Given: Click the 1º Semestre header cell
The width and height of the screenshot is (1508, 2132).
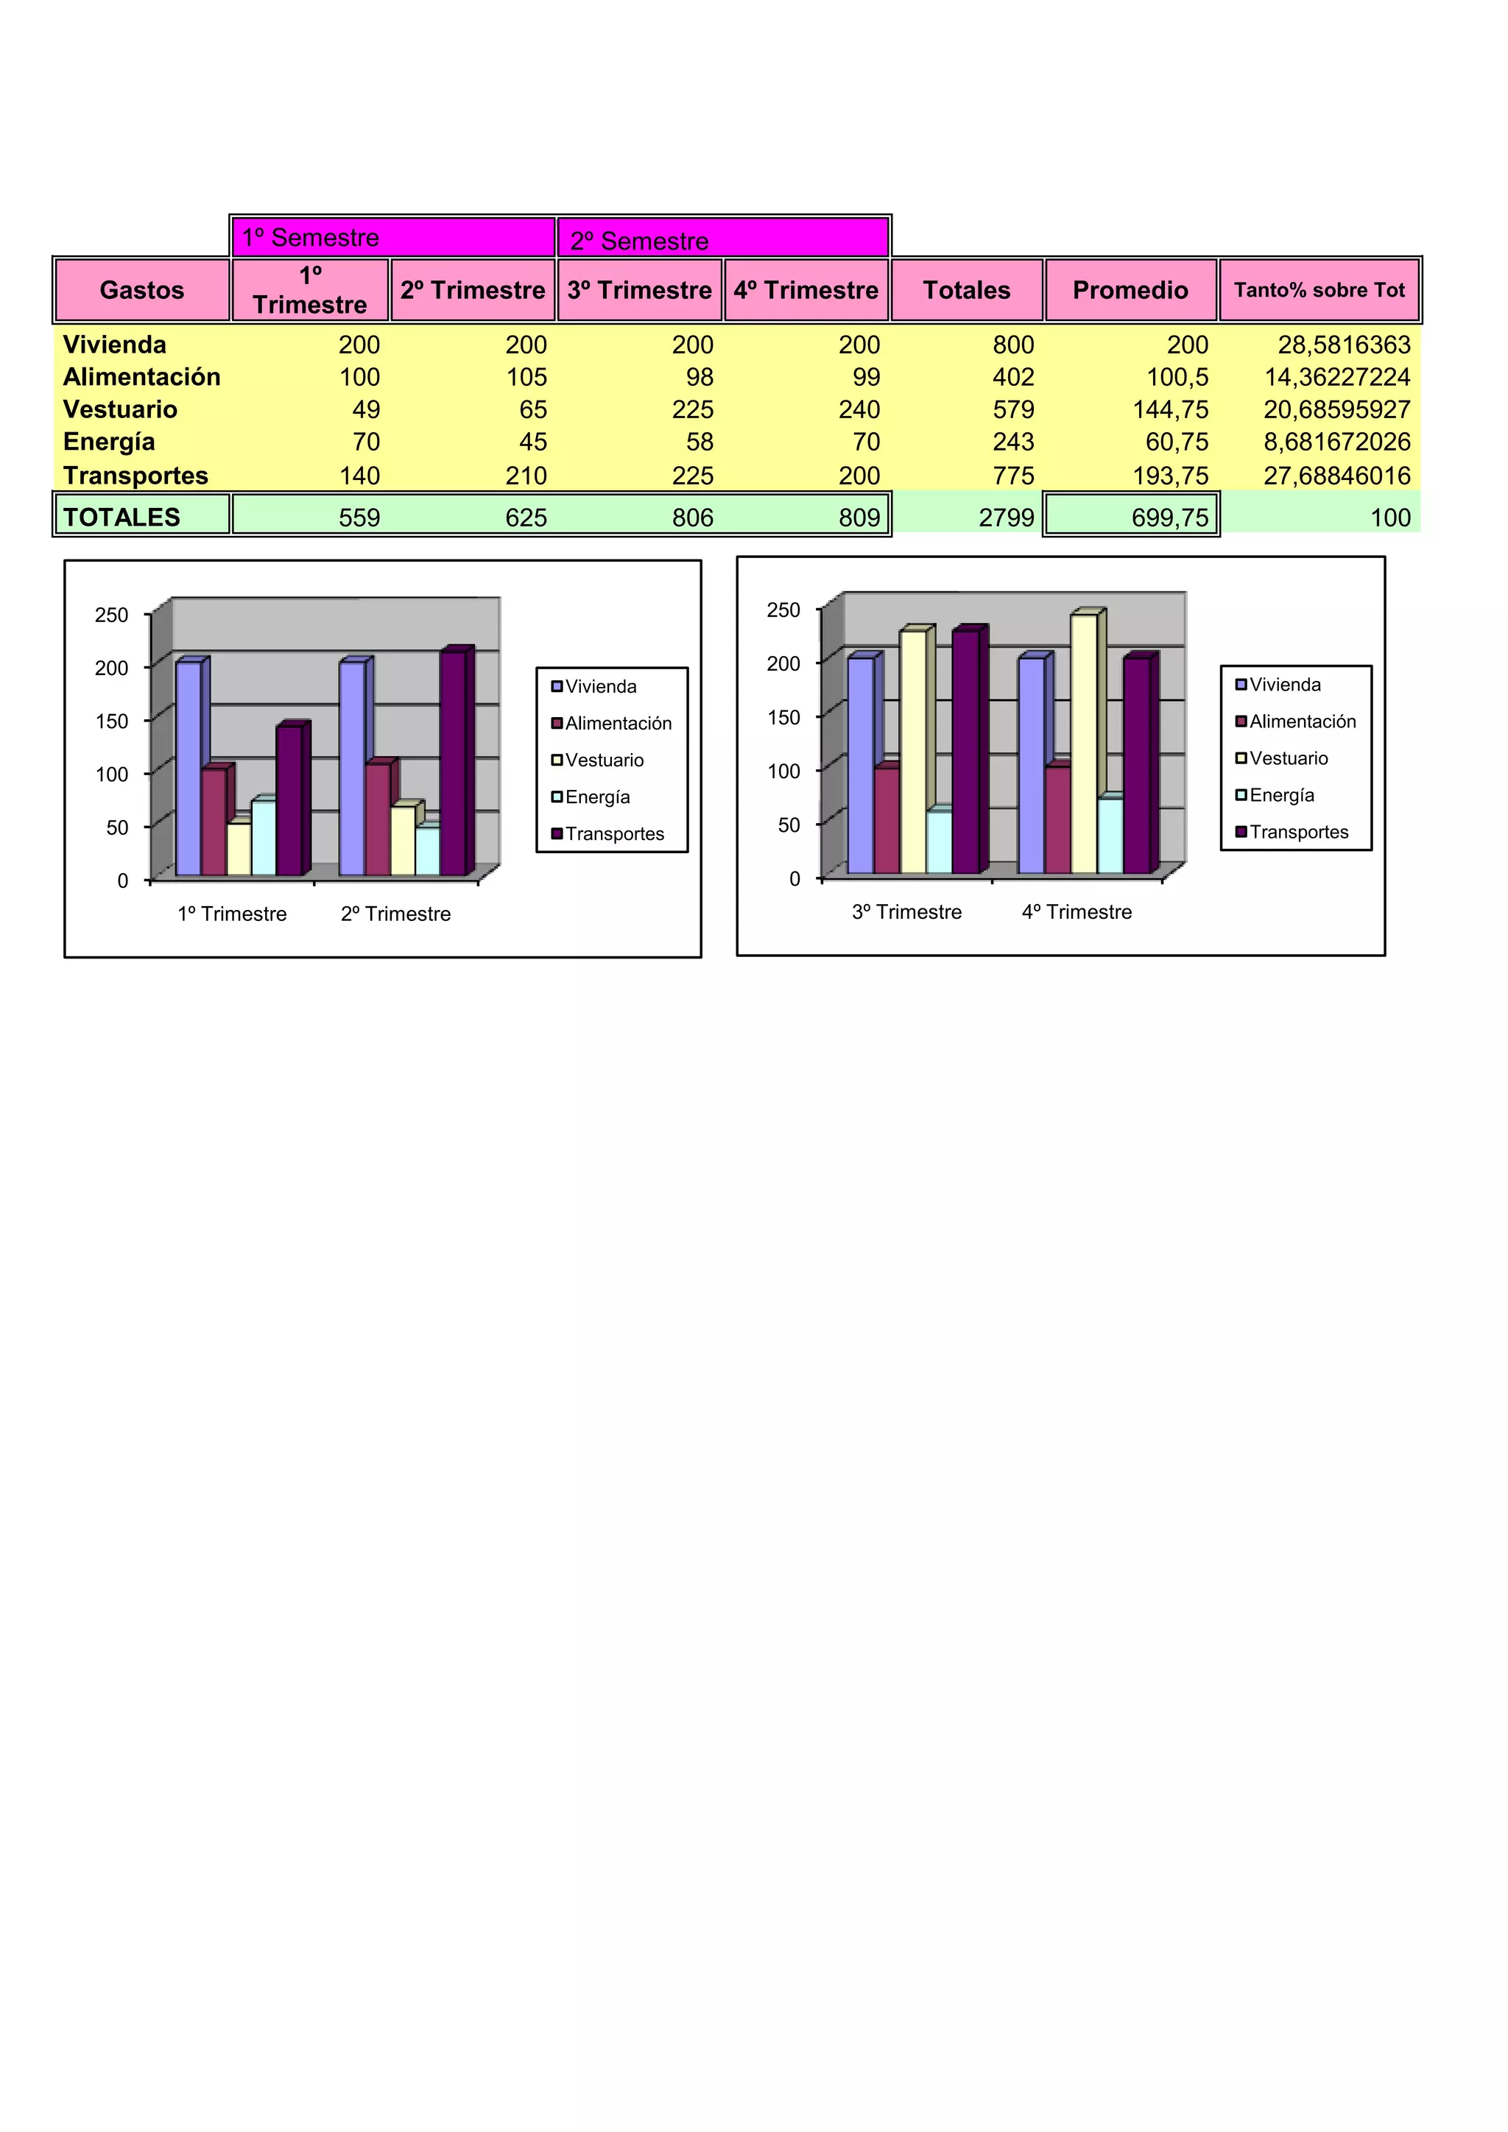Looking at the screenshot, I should [x=392, y=238].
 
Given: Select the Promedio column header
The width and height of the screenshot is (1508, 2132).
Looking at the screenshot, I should [x=1130, y=290].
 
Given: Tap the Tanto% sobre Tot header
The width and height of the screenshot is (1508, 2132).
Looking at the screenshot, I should [x=1319, y=290].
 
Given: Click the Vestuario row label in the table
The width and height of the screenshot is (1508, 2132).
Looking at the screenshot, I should [x=120, y=409].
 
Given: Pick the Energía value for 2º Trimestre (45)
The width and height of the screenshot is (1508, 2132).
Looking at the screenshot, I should [x=532, y=442].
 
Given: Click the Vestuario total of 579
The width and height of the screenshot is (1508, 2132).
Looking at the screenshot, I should [x=1012, y=409].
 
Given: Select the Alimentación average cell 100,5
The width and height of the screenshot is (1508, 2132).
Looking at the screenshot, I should [x=1177, y=377].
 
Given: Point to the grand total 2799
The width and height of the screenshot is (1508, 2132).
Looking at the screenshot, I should [x=1006, y=518].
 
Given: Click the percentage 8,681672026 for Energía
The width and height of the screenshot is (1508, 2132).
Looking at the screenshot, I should [x=1336, y=442].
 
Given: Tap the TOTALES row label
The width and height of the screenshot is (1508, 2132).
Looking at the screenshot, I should [x=121, y=518].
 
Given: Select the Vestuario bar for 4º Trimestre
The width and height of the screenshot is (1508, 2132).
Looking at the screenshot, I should [x=1084, y=743].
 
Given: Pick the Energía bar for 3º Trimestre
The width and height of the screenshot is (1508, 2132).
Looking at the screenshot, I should [x=939, y=841].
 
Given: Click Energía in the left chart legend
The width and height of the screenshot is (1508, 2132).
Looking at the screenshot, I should [x=597, y=797].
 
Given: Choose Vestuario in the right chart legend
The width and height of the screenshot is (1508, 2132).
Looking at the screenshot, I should [x=1288, y=758].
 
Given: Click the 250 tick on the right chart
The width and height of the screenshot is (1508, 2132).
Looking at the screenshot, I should [x=783, y=610].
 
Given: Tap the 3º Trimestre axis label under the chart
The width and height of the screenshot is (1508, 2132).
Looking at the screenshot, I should [x=906, y=912].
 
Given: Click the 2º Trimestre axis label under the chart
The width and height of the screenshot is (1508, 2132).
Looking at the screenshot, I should [x=395, y=914].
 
